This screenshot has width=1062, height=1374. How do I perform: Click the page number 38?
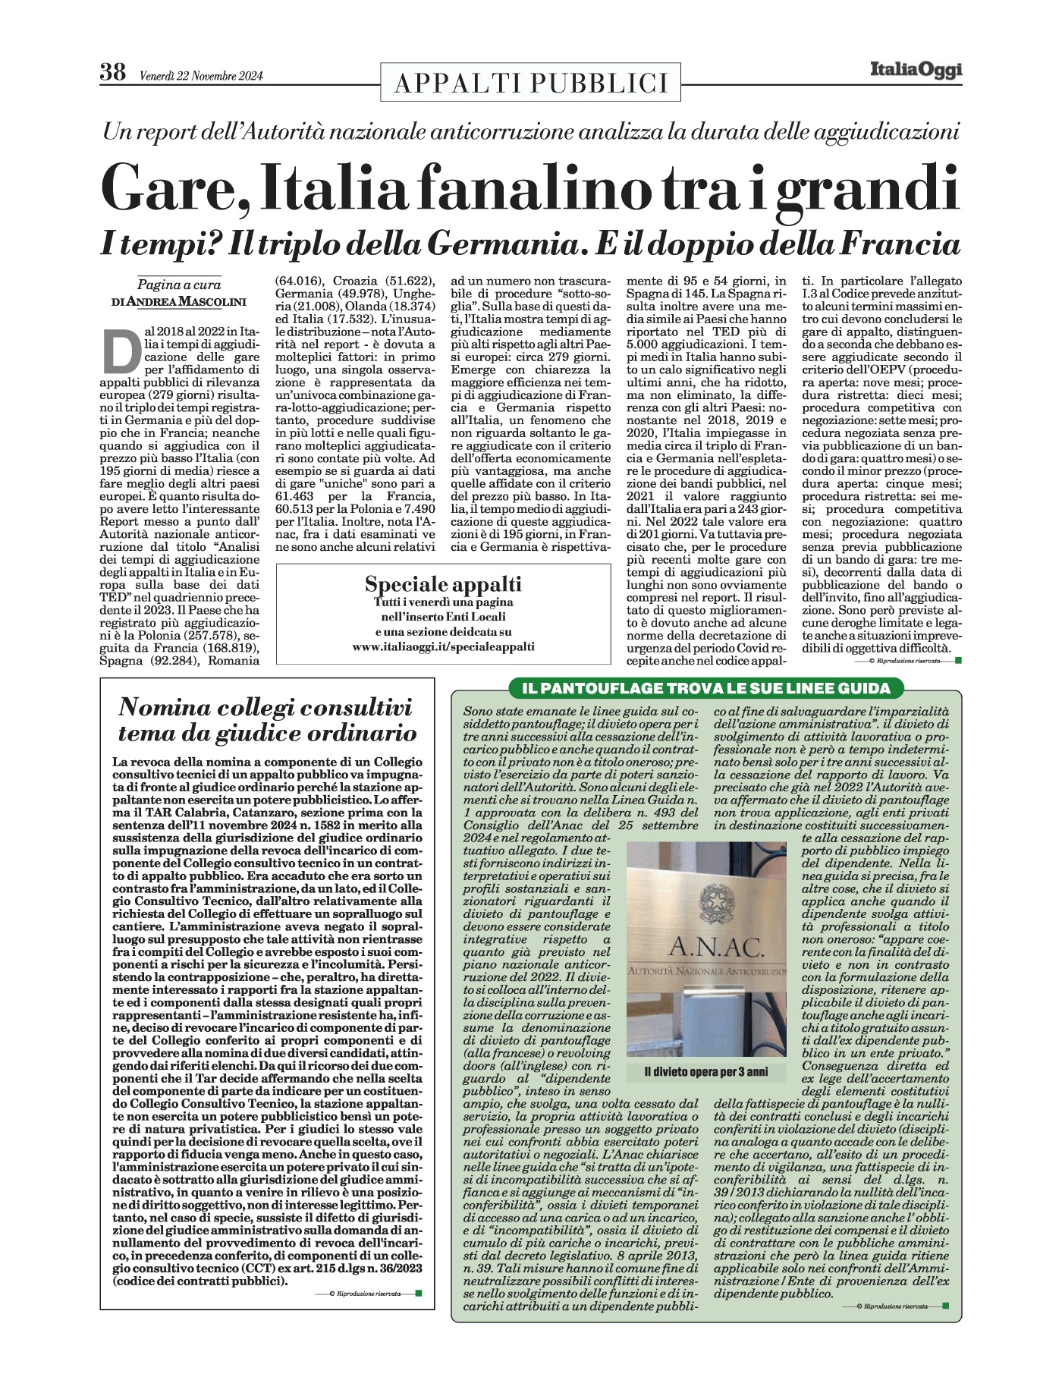click(112, 74)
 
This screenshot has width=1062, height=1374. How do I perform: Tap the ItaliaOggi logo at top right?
click(916, 71)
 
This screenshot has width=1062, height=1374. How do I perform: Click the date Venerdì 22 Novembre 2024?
click(201, 76)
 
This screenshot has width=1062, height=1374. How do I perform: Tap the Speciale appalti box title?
click(443, 584)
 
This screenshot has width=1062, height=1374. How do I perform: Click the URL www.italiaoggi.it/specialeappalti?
click(443, 646)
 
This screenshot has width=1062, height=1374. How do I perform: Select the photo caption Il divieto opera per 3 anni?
click(705, 1072)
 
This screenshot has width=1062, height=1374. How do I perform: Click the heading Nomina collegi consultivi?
click(266, 708)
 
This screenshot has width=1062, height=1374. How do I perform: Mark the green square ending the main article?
click(958, 660)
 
